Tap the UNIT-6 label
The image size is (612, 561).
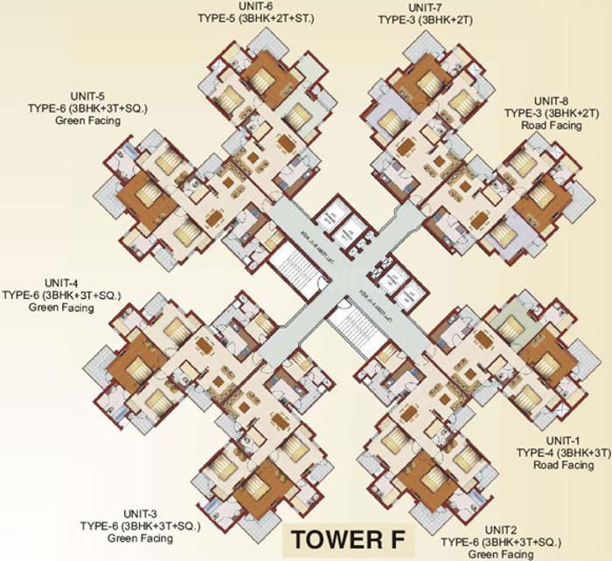point(249,6)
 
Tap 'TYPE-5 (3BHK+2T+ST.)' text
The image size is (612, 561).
point(250,18)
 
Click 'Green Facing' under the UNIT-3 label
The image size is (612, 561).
point(141,537)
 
